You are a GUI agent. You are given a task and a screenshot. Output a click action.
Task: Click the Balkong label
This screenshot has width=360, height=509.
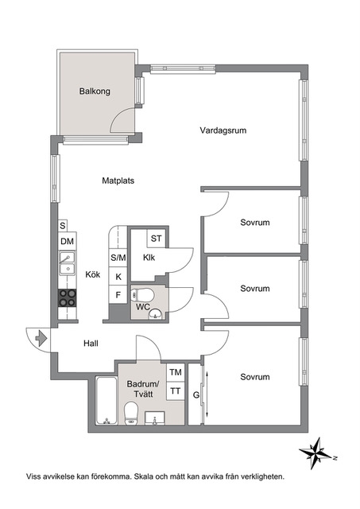[95, 91]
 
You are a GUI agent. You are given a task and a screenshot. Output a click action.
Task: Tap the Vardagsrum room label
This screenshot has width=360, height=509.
[223, 130]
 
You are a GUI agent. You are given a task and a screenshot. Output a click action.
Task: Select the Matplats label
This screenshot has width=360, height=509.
[118, 181]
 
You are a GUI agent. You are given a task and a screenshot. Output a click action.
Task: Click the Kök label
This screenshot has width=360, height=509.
[93, 274]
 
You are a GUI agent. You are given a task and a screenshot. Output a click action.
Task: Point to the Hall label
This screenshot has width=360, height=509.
[91, 343]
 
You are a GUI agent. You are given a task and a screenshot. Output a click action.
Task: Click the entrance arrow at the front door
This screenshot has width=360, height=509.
[41, 339]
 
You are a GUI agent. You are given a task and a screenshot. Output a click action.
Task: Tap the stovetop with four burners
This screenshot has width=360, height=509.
[67, 298]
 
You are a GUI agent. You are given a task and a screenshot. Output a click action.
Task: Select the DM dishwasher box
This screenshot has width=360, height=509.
[68, 241]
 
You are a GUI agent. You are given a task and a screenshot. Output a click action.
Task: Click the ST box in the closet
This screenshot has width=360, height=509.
[156, 239]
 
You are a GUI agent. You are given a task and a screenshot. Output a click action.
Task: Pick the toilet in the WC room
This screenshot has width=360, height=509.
[143, 295]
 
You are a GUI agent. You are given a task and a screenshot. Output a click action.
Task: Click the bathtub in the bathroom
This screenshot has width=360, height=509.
[106, 400]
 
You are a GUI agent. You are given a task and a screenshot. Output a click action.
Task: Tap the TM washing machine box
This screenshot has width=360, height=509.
[176, 372]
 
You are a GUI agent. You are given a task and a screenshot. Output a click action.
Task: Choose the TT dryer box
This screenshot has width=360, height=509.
[176, 390]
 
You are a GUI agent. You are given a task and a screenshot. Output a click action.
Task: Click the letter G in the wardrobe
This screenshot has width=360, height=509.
[195, 395]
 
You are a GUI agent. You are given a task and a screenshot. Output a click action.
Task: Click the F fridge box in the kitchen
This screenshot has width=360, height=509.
[118, 295]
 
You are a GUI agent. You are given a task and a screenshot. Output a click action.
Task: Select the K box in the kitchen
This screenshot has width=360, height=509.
[118, 277]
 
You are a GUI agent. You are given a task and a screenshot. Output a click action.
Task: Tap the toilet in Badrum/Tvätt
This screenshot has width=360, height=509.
[131, 413]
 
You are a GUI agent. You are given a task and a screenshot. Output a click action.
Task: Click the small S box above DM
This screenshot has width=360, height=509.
[63, 226]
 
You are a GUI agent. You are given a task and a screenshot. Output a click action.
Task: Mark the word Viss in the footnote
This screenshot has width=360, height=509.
[33, 476]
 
